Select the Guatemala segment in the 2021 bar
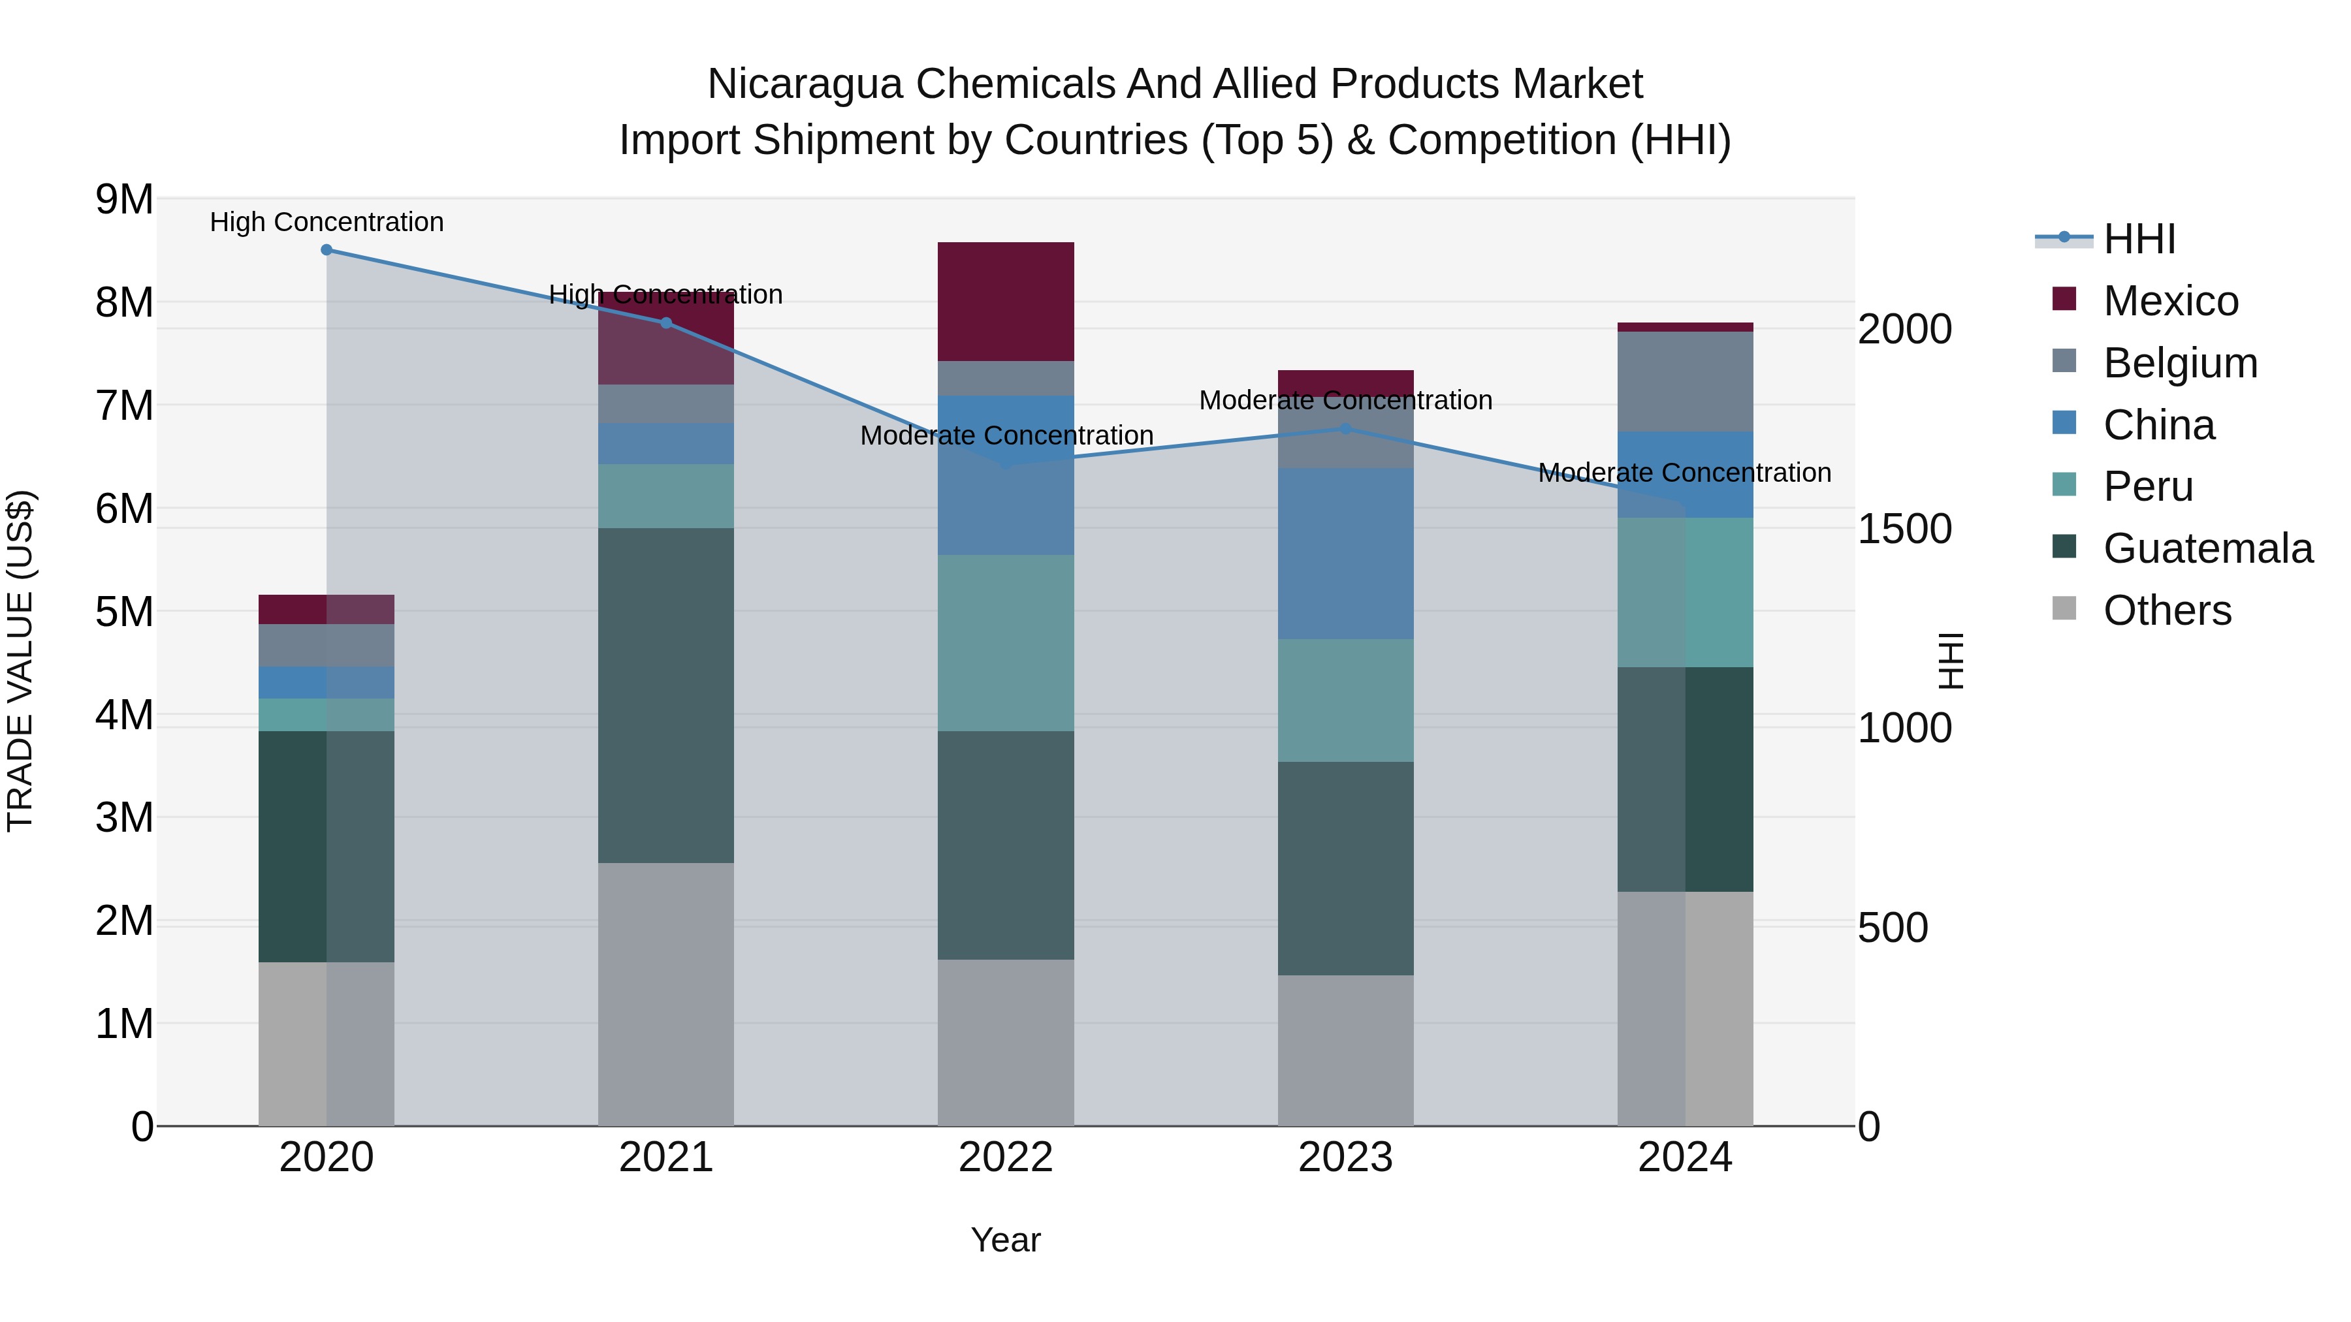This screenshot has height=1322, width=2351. click(665, 695)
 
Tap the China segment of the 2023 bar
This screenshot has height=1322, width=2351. click(1345, 553)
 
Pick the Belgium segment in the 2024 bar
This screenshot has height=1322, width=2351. click(1685, 381)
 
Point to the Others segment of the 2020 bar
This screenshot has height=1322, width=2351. click(326, 1044)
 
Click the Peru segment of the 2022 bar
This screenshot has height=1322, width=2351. click(1006, 642)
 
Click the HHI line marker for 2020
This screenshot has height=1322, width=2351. click(326, 250)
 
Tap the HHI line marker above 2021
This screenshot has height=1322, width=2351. click(665, 323)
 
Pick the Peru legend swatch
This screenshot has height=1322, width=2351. click(2064, 484)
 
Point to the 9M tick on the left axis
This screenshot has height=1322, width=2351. click(124, 199)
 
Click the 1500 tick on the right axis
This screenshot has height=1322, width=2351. click(1905, 529)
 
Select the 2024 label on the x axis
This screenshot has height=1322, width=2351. click(1685, 1157)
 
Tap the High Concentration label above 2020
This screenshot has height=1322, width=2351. click(326, 222)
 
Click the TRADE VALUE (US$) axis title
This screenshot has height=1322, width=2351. click(20, 661)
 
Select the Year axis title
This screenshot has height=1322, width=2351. click(1006, 1240)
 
